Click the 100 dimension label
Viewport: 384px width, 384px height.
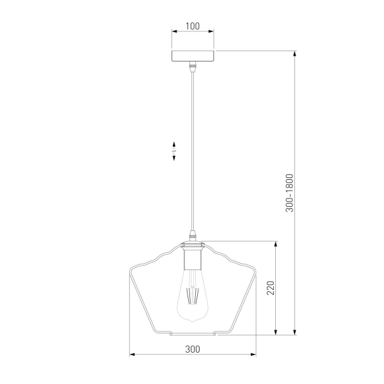click(x=193, y=26)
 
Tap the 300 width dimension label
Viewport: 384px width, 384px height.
click(x=193, y=349)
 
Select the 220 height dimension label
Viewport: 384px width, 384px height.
click(x=270, y=288)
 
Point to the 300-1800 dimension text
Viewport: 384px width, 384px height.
click(x=289, y=193)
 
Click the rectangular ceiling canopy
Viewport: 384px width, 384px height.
click(x=193, y=56)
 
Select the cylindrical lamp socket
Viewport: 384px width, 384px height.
click(x=193, y=259)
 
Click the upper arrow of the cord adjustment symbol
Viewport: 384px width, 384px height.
click(x=174, y=145)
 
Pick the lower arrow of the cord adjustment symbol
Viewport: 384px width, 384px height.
click(x=174, y=157)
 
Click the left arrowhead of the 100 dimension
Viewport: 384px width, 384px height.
click(x=174, y=31)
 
